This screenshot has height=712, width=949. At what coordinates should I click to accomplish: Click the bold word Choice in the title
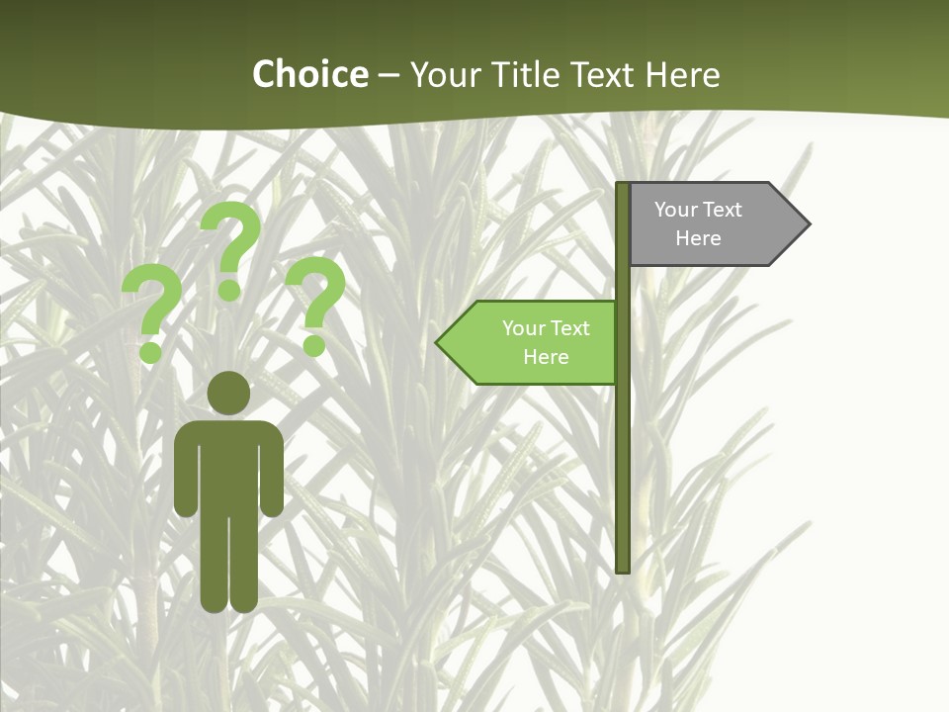[x=309, y=75]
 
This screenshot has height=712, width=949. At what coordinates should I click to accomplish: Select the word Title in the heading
[x=519, y=75]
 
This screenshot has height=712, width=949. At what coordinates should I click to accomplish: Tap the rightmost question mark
[x=315, y=305]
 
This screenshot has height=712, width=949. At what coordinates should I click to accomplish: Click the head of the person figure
[x=228, y=394]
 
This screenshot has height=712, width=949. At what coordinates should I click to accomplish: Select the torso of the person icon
[x=228, y=465]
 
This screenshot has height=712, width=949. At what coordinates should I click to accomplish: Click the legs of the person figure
[x=228, y=564]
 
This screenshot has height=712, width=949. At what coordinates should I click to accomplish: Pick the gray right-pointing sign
[x=712, y=224]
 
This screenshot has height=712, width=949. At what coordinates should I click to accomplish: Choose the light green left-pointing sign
[x=534, y=343]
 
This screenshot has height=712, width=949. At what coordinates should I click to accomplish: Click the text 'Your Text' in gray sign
[x=698, y=210]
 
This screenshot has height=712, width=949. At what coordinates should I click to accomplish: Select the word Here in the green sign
[x=546, y=357]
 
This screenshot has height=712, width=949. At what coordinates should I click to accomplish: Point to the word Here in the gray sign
[x=698, y=238]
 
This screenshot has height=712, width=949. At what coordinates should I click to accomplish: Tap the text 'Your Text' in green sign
[x=546, y=328]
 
